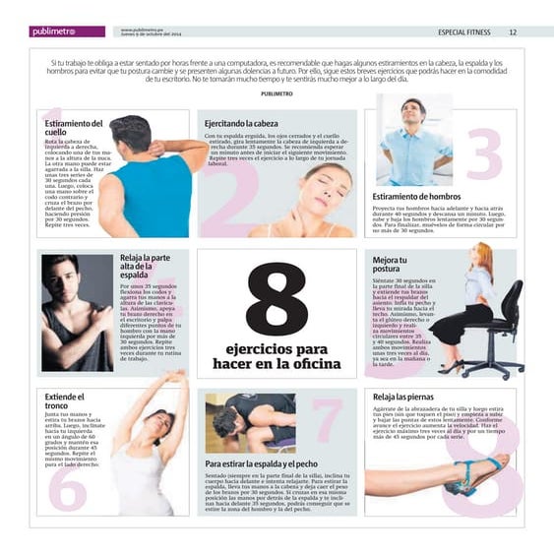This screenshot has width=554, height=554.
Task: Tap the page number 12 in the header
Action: (513, 31)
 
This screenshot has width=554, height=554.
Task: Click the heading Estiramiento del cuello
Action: (73, 128)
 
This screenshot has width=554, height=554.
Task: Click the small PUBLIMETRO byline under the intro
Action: (277, 92)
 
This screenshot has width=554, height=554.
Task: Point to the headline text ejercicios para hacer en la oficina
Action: (277, 356)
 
